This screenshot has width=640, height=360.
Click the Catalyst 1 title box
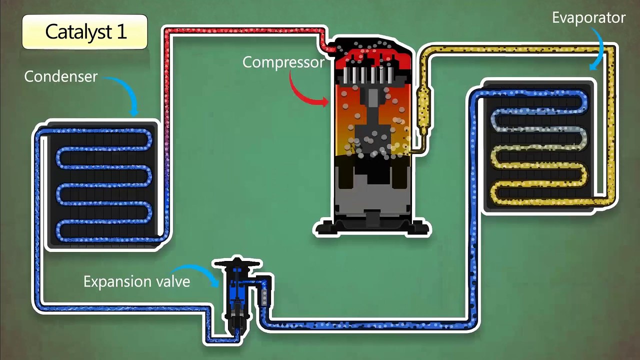click(x=85, y=31)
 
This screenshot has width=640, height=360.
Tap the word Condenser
click(x=61, y=76)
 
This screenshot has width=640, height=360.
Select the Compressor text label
click(x=283, y=62)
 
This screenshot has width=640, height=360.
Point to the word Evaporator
click(x=588, y=17)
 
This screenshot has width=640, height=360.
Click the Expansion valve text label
click(x=137, y=281)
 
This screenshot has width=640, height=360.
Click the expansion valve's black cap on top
click(x=237, y=263)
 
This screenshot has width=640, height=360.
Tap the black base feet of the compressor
click(x=371, y=227)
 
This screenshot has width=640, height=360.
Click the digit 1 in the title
click(x=121, y=31)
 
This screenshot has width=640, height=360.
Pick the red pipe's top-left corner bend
click(x=167, y=31)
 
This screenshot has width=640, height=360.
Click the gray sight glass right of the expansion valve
click(x=264, y=297)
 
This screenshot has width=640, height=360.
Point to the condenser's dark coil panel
click(x=102, y=185)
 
